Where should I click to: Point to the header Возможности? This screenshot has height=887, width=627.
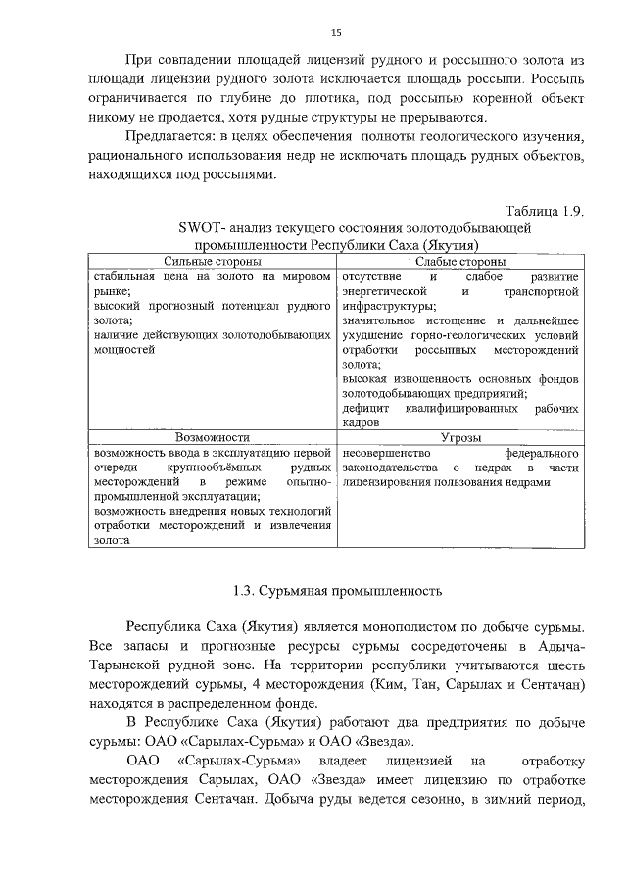click(x=212, y=438)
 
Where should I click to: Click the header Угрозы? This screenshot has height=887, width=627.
click(x=460, y=438)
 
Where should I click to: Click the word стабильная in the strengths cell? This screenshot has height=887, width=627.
click(x=124, y=277)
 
